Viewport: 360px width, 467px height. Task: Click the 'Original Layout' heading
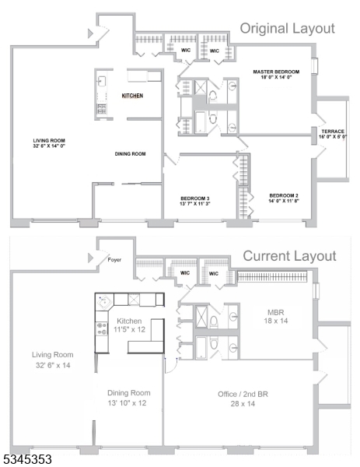tap(287, 29)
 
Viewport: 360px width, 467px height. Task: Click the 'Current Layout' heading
tap(289, 256)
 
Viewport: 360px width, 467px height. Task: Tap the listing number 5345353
tap(27, 460)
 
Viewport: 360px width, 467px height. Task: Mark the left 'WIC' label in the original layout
tap(186, 51)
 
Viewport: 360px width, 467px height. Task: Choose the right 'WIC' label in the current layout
tap(212, 273)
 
